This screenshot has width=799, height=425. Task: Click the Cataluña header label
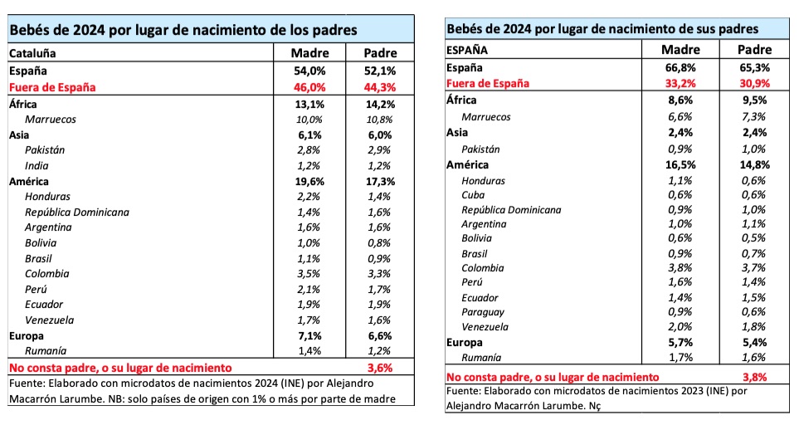[x=32, y=53]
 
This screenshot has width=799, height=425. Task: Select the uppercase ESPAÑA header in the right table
[x=467, y=50]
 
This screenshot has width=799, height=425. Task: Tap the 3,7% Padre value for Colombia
[x=753, y=267]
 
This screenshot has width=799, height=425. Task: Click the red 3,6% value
[x=378, y=366]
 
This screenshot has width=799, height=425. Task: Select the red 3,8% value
[x=753, y=376]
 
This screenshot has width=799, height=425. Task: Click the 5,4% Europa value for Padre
[x=753, y=342]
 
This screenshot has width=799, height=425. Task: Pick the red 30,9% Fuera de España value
[x=753, y=83]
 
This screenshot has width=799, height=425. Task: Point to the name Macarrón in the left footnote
[x=34, y=398]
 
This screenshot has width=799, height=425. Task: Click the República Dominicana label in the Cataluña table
[x=77, y=212]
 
